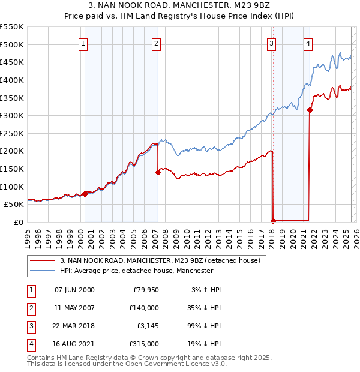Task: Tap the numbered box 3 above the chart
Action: click(272, 43)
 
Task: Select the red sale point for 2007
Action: click(158, 172)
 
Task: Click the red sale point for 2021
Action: click(310, 110)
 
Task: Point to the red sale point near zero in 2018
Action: click(273, 221)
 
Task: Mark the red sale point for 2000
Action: click(85, 194)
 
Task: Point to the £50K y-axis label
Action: click(13, 205)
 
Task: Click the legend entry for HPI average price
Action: click(136, 271)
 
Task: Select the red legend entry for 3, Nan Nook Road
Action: click(160, 260)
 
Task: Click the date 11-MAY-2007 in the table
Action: click(74, 308)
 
